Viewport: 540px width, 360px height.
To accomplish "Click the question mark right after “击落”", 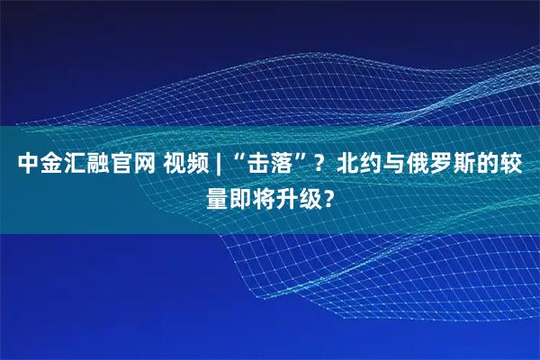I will pyautogui.click(x=320, y=166).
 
